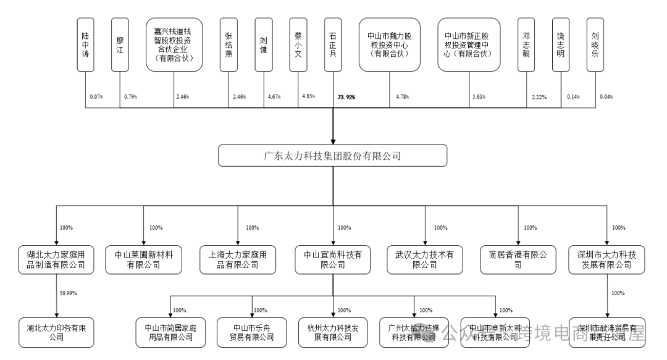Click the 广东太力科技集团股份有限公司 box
coord(332,156)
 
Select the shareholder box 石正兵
coord(333,43)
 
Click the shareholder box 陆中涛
coord(85,43)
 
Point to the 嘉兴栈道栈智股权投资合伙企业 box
coord(174,43)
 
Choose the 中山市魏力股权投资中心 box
coord(390,43)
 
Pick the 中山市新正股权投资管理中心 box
coord(468,43)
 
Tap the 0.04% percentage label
coord(605,97)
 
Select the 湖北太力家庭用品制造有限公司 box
coord(56,259)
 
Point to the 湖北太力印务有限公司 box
coord(56,332)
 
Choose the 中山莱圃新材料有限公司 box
coord(143,259)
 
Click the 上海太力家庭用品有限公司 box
coord(238,259)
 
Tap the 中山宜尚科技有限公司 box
coord(332,259)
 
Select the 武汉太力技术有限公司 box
coord(425,259)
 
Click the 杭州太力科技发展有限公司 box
coord(332,332)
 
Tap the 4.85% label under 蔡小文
coord(308,96)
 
